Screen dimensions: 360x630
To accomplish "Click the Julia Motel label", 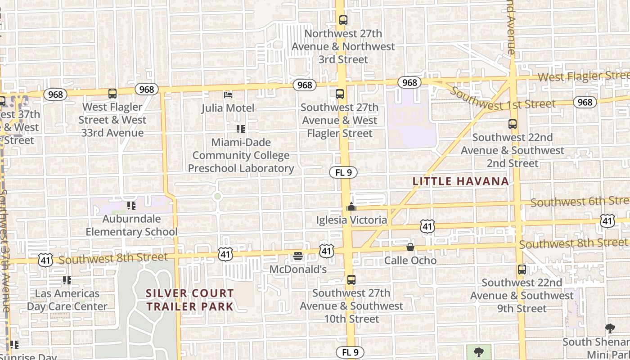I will point(228,108).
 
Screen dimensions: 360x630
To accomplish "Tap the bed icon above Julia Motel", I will point(228,94).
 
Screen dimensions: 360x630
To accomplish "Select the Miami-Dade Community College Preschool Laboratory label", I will point(241,155).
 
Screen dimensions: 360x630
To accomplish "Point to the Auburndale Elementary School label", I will point(131,225).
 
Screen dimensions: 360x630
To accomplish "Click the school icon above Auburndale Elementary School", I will point(131,206).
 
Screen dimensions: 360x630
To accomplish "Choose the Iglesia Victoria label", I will point(351,220).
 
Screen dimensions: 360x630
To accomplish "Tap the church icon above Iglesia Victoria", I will point(351,207).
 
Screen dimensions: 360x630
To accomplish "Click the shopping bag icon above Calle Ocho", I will point(410,247).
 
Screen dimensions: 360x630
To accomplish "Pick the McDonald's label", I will point(298,269).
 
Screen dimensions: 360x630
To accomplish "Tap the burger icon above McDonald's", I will point(298,256).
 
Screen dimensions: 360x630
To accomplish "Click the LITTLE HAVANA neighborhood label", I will point(461,181).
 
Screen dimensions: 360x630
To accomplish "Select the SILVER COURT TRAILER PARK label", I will point(190,300).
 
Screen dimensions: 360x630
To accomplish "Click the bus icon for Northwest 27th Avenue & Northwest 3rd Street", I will point(343,20).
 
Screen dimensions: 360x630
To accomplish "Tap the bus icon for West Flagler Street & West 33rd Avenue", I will point(112,94).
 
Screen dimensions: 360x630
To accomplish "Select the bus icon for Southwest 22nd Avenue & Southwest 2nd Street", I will point(512,124).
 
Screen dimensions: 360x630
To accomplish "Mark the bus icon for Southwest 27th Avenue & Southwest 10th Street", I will point(351,279).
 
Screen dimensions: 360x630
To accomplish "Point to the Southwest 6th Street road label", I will point(580,202).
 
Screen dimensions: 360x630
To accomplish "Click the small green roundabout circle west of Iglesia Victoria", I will point(218,196).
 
